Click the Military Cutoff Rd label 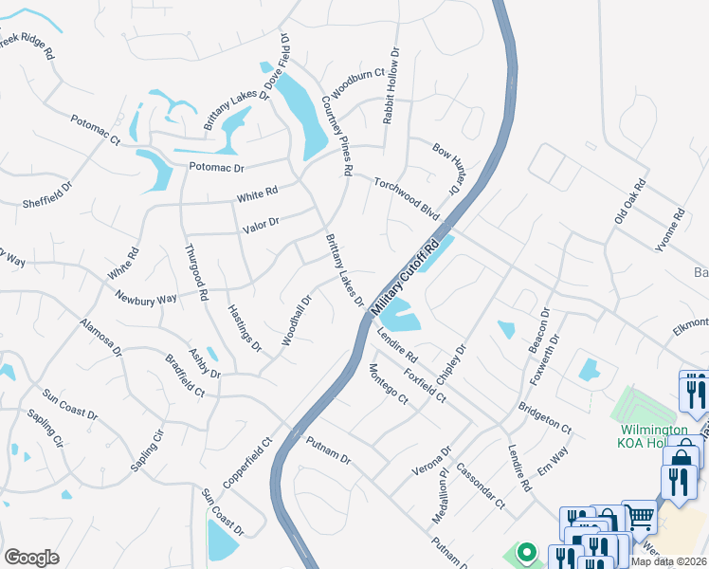406,275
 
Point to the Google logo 31,557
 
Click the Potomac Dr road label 216,167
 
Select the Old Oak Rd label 629,201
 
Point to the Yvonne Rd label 669,230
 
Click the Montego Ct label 388,384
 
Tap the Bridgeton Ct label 545,417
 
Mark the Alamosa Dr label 101,337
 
